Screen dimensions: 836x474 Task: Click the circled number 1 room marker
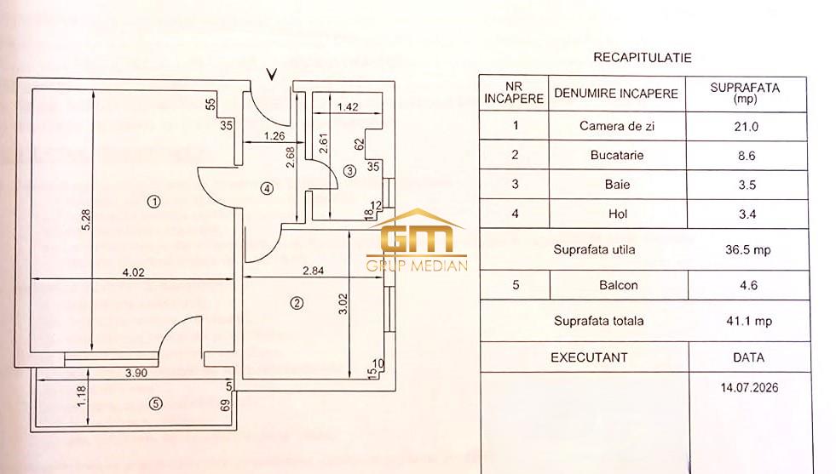(x=154, y=202)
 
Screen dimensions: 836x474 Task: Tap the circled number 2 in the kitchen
(x=297, y=303)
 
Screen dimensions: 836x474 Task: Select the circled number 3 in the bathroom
(x=349, y=171)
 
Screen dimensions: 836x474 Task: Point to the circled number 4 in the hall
(x=267, y=188)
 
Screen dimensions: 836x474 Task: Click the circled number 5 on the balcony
(x=155, y=403)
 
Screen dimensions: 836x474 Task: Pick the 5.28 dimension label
(x=86, y=220)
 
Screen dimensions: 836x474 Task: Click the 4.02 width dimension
(x=133, y=272)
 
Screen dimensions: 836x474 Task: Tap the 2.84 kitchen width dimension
(x=313, y=271)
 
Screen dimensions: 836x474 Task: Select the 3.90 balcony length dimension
(x=136, y=373)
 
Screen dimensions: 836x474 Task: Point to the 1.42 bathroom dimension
(x=348, y=106)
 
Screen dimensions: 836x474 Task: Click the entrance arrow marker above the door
(x=272, y=74)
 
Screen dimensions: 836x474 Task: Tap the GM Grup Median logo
(x=417, y=240)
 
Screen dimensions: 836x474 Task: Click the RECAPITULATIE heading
(x=643, y=58)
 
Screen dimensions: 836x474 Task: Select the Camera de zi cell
(x=617, y=126)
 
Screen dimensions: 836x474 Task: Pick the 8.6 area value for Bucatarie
(x=746, y=156)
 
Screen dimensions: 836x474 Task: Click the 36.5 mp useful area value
(x=748, y=249)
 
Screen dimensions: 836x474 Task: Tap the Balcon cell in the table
(x=619, y=285)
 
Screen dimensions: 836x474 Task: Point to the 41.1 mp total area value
(x=749, y=321)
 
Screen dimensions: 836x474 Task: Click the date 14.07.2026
(x=749, y=387)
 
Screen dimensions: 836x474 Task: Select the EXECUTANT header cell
(x=589, y=357)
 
